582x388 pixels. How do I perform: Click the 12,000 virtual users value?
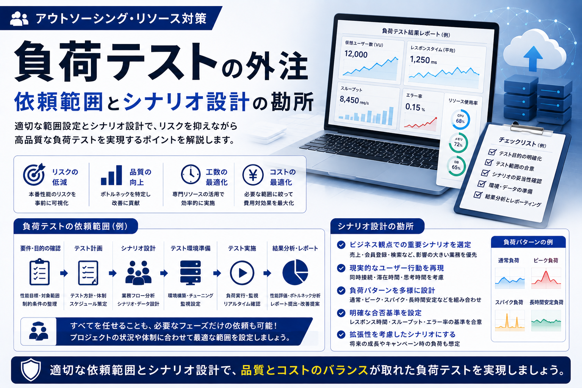356,54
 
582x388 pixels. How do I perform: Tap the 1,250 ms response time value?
423,60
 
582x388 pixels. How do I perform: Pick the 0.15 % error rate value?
415,107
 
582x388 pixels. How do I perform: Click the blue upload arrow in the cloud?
533,58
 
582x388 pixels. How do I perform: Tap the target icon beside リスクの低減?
34,174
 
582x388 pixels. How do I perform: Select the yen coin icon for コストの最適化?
253,175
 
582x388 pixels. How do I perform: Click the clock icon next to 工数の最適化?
191,174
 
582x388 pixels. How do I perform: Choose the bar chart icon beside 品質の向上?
111,175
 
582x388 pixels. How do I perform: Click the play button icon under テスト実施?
242,273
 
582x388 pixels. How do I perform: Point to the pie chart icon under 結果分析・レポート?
295,272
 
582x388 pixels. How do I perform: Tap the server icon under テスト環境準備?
191,272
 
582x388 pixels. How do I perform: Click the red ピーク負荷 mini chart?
546,278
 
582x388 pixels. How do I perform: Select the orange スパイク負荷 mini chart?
510,321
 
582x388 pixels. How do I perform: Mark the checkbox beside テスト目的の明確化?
492,152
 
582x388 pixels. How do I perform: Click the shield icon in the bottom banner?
31,370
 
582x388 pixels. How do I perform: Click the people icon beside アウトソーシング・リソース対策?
19,19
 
